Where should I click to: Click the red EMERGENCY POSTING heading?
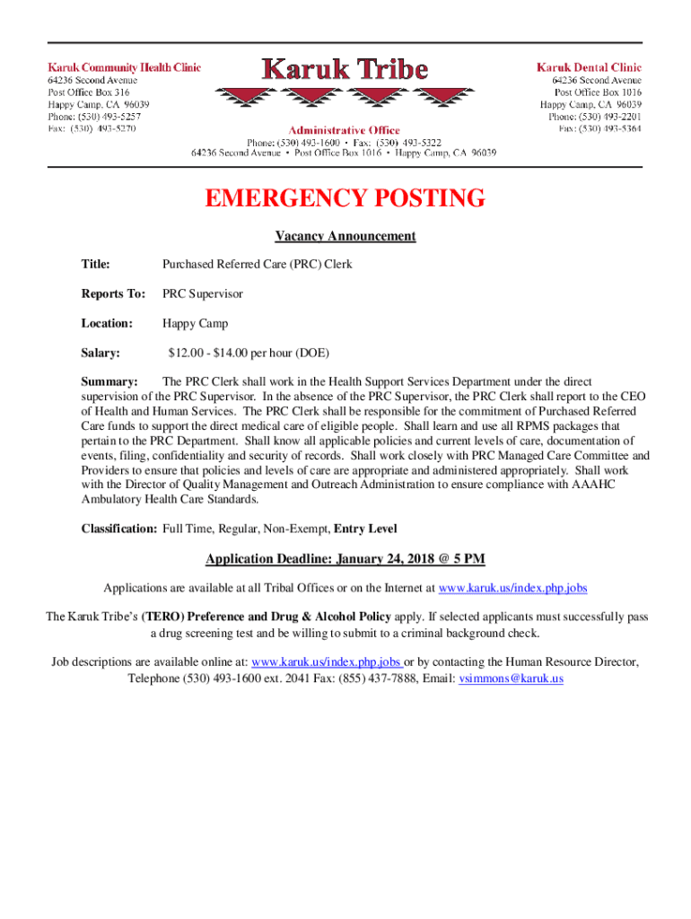pyautogui.click(x=345, y=198)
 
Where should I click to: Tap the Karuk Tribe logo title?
pyautogui.click(x=345, y=68)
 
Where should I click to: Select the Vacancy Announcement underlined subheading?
pyautogui.click(x=345, y=236)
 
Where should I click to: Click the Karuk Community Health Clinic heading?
pyautogui.click(x=124, y=67)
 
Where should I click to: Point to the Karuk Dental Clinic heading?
pyautogui.click(x=589, y=67)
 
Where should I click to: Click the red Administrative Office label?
pyautogui.click(x=344, y=130)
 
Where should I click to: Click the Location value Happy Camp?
pyautogui.click(x=195, y=323)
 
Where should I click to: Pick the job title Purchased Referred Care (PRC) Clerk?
pyautogui.click(x=257, y=265)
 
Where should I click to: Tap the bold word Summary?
pyautogui.click(x=109, y=382)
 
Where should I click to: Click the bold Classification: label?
pyautogui.click(x=119, y=529)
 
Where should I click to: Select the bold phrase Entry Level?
pyautogui.click(x=365, y=529)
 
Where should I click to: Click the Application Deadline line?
pyautogui.click(x=345, y=559)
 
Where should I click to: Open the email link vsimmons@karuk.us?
pyautogui.click(x=511, y=678)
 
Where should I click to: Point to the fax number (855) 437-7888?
pyautogui.click(x=390, y=678)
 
